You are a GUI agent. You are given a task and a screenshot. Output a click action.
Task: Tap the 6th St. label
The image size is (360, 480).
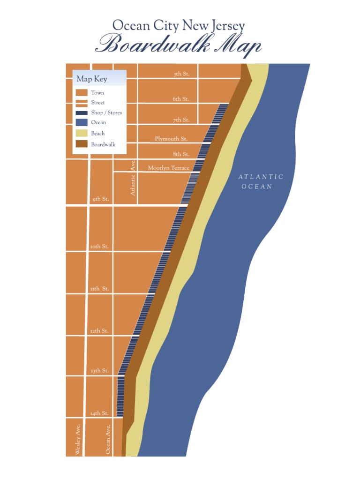point(181,99)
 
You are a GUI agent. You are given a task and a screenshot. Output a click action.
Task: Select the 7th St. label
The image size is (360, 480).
point(181,120)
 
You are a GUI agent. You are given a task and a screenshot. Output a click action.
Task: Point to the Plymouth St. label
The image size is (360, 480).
point(171,139)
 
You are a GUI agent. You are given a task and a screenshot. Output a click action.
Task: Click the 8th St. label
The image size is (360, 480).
point(181,154)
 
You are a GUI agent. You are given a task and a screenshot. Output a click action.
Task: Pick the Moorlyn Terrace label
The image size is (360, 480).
point(169,168)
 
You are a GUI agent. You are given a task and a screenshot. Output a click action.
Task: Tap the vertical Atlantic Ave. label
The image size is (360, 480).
point(133,178)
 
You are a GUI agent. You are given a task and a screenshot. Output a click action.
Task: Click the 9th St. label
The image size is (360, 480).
point(100,199)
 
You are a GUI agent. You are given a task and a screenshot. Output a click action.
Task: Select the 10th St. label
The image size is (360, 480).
point(99,247)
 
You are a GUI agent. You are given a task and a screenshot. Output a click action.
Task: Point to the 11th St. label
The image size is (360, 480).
point(99,289)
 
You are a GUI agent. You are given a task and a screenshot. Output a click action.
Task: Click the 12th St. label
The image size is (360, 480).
point(99,331)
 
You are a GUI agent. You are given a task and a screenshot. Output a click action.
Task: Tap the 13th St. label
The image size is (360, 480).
point(100,371)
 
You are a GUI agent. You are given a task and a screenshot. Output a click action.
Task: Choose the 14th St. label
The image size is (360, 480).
point(99,413)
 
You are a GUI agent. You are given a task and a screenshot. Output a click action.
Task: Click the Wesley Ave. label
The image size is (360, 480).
point(78,439)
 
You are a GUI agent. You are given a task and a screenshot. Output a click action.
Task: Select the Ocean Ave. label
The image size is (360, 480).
point(108,439)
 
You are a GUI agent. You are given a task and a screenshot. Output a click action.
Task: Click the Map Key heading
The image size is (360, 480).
point(92,79)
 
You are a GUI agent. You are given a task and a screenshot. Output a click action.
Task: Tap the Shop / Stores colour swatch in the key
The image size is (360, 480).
point(82,113)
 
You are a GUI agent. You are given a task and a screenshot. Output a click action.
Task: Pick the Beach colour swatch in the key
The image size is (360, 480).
point(82,133)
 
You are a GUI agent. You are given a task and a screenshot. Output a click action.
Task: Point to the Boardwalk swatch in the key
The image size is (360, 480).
point(82,144)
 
